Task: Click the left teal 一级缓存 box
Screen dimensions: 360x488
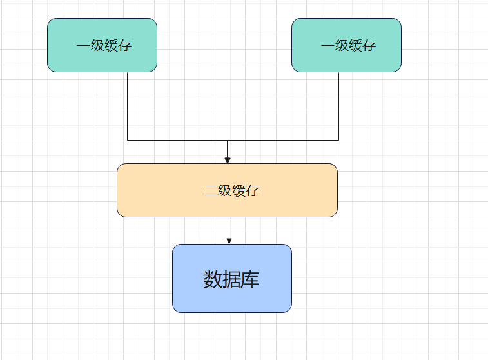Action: point(102,45)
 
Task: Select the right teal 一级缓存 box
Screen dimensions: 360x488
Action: point(346,45)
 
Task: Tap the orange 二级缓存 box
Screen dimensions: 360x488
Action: point(227,190)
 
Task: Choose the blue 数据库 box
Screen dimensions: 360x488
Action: point(231,278)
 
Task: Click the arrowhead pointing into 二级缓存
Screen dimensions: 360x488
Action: point(228,160)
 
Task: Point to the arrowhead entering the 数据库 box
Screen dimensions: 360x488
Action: point(229,241)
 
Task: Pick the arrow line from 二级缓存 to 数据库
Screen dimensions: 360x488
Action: point(229,228)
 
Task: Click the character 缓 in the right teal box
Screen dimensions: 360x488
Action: point(355,46)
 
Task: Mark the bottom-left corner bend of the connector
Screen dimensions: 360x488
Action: point(127,140)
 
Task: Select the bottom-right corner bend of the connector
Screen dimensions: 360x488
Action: point(338,140)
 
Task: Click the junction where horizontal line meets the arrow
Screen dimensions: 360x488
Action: point(228,140)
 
